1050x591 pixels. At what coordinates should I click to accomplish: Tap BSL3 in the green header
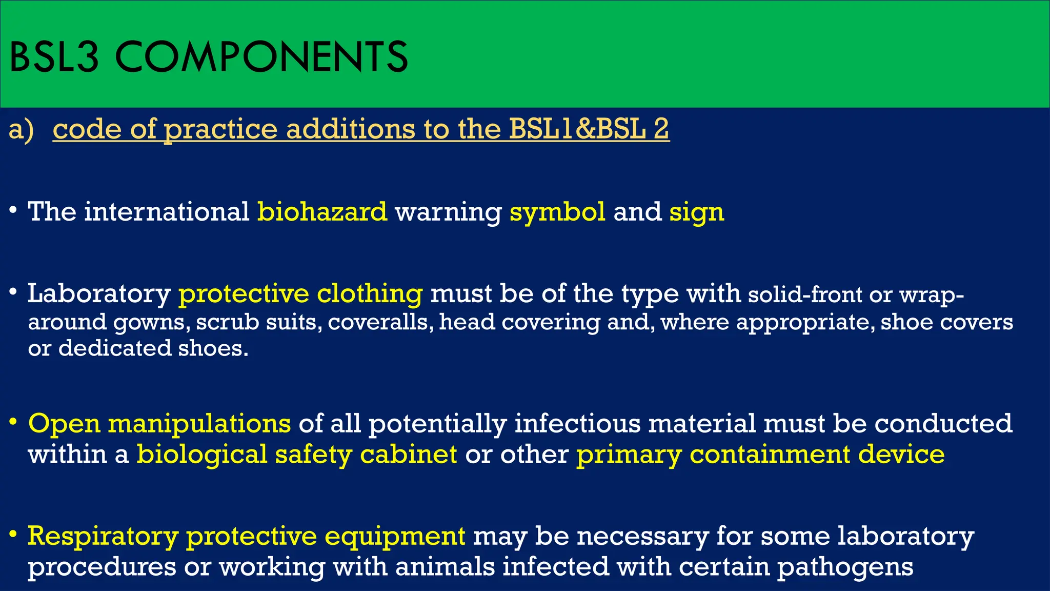(x=54, y=57)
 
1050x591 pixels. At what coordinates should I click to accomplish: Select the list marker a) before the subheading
(x=21, y=129)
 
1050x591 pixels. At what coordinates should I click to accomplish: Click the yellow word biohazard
(x=322, y=211)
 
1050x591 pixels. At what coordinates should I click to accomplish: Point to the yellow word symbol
(x=557, y=211)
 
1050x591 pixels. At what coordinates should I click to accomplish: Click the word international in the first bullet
(x=167, y=211)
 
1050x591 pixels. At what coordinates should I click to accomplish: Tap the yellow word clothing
(x=370, y=294)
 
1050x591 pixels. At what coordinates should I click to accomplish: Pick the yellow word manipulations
(x=199, y=424)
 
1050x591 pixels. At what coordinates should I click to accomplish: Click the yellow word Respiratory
(x=103, y=537)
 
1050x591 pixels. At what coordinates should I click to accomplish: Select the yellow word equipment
(x=395, y=537)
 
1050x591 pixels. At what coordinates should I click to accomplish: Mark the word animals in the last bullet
(x=445, y=567)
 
